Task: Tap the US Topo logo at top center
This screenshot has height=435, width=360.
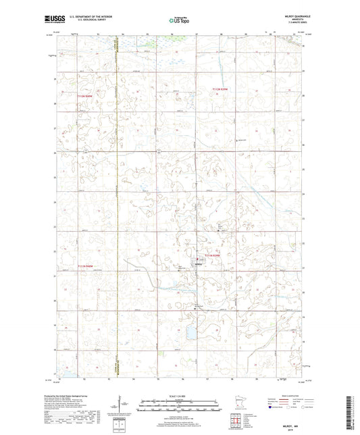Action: click(x=179, y=21)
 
